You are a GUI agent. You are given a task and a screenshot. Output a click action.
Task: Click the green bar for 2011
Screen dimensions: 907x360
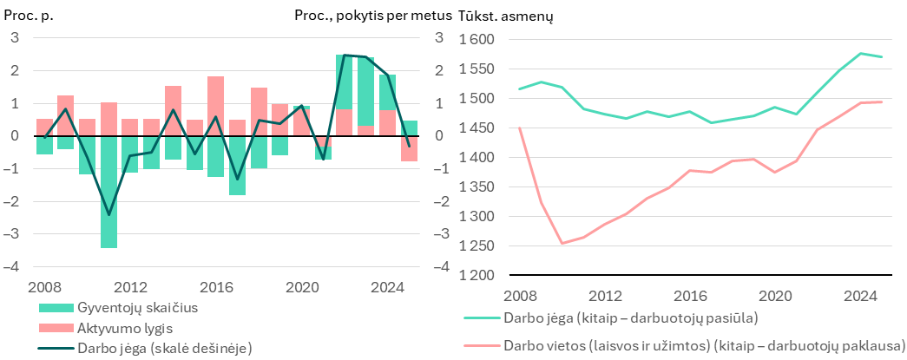point(108,192)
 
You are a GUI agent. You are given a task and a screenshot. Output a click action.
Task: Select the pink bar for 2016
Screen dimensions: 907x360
point(216,107)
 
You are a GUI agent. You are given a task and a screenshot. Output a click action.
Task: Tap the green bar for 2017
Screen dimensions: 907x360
point(237,166)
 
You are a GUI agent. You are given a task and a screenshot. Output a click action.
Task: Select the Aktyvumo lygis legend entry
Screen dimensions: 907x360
point(107,328)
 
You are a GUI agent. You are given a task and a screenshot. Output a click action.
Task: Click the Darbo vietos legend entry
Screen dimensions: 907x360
point(685,345)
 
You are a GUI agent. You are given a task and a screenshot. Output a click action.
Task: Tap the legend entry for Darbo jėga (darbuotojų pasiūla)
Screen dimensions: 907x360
point(611,317)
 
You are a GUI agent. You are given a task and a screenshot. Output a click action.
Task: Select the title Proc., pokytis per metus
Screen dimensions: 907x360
point(373,16)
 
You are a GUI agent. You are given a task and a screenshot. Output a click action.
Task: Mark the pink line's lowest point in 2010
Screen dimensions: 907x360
point(561,243)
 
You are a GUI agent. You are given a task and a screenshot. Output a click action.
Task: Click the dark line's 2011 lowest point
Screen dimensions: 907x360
point(108,215)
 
